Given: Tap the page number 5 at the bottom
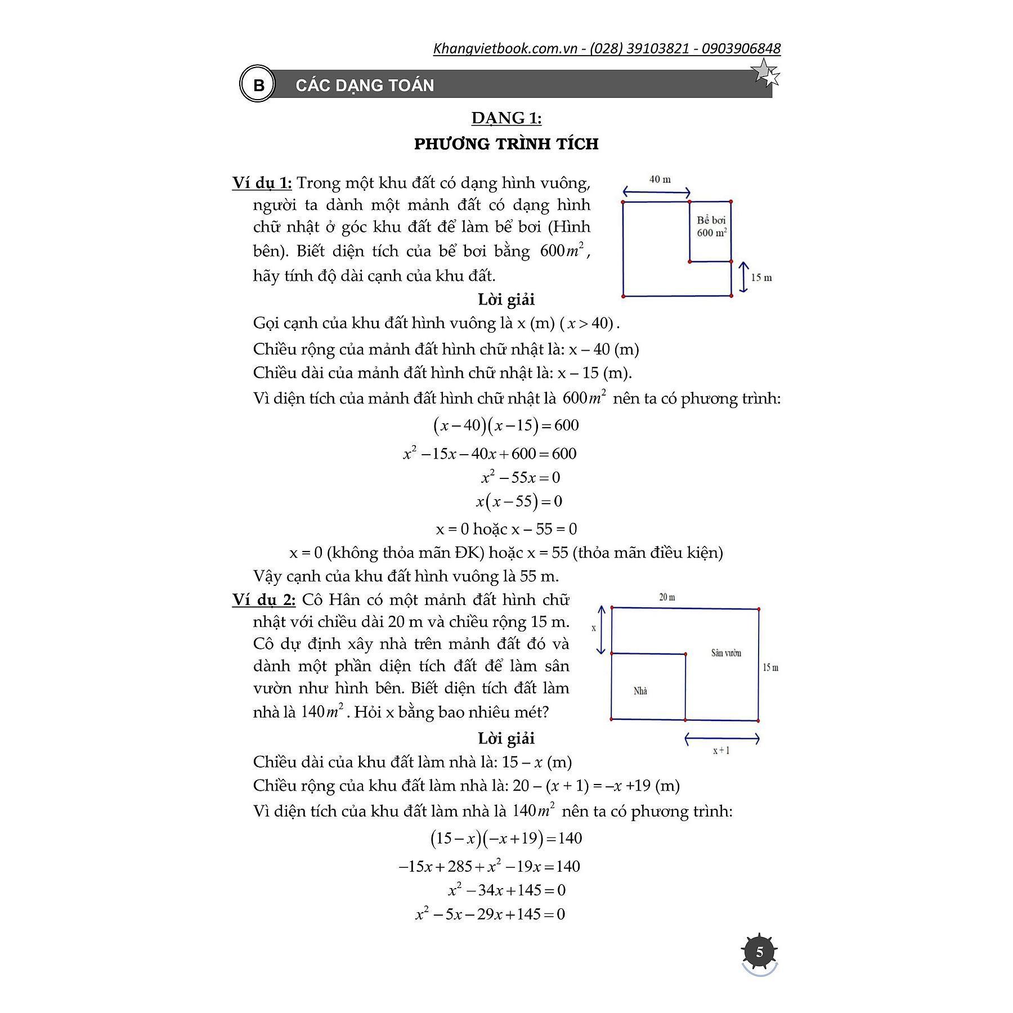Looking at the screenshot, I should (x=759, y=952).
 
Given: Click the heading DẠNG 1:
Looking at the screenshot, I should (x=506, y=118).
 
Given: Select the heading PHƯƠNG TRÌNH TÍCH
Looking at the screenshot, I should (x=506, y=144).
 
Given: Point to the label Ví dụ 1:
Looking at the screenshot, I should (x=262, y=183).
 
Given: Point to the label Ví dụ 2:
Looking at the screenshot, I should (x=263, y=600).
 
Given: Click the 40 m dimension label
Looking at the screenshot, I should (x=660, y=180).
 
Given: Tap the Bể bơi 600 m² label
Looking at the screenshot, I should (x=711, y=226).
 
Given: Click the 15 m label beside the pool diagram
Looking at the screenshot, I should (x=761, y=277).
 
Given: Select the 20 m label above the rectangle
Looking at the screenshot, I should (x=667, y=597).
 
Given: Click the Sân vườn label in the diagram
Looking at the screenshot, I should (x=726, y=653).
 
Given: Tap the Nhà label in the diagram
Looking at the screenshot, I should (x=640, y=691).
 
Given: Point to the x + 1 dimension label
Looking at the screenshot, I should (x=721, y=750).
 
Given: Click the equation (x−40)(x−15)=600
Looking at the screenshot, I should (x=506, y=425).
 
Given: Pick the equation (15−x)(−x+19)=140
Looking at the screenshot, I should (x=506, y=839).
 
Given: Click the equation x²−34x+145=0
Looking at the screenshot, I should (x=507, y=890).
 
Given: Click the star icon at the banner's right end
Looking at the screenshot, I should (x=766, y=73).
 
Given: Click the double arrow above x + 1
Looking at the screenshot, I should (x=722, y=738).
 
